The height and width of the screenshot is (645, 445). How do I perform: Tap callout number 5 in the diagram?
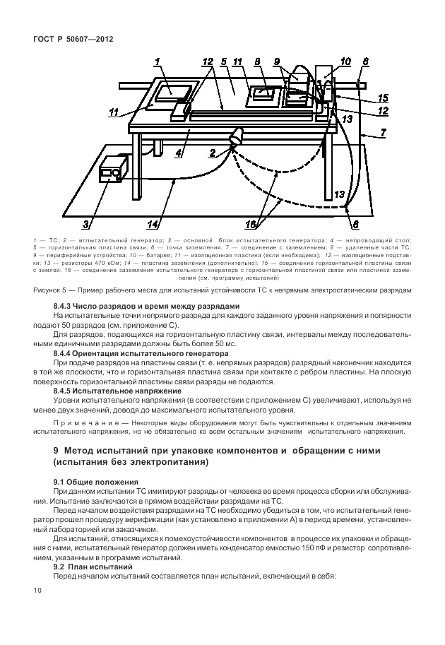coord(222,61)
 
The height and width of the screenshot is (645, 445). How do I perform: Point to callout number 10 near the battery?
coord(345,61)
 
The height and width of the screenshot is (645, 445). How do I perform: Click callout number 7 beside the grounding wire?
coord(382,132)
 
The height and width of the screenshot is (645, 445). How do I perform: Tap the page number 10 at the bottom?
coord(38,588)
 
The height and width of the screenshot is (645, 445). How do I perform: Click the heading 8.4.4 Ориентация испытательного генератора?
coord(141,351)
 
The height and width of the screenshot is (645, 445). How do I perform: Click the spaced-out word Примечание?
coord(83,422)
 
